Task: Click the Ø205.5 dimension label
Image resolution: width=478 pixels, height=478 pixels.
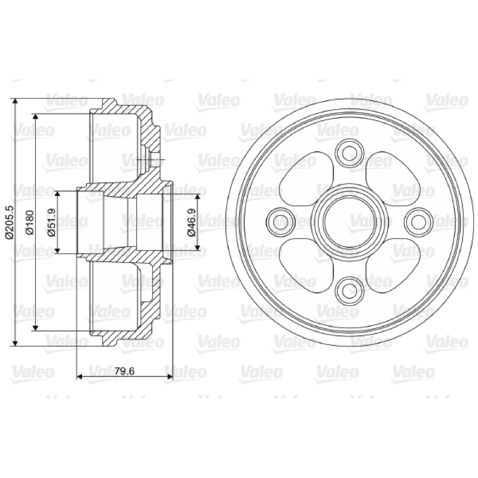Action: (x=10, y=222)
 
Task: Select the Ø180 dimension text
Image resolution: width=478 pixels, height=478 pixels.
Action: (x=30, y=222)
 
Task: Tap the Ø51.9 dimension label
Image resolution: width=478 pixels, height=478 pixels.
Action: (x=51, y=222)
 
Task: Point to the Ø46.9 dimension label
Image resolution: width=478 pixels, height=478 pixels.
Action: (x=192, y=222)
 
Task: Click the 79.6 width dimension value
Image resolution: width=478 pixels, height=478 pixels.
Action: (x=124, y=371)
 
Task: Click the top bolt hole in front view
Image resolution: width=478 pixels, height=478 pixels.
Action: (x=350, y=154)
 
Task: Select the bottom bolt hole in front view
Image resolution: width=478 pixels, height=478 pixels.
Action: (x=350, y=291)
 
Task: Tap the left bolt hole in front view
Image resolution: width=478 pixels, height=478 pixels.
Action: (x=281, y=222)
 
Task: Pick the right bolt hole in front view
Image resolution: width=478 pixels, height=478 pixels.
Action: (x=419, y=222)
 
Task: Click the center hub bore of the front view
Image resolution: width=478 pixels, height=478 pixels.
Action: (x=350, y=222)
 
